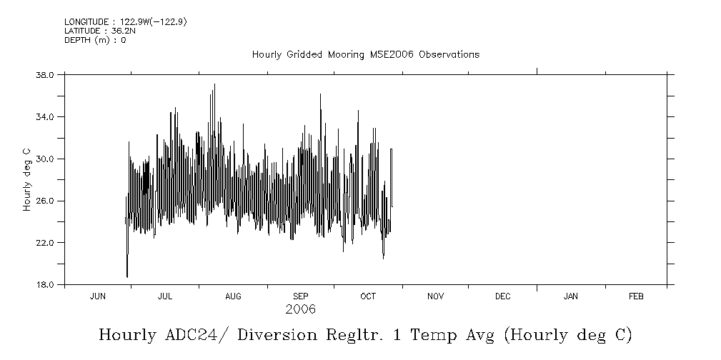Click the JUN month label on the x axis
[x=98, y=296]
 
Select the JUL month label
[x=165, y=296]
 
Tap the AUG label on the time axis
[x=234, y=296]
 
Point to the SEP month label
[x=301, y=296]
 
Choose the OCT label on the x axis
[x=368, y=296]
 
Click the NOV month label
[x=435, y=296]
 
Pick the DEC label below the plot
[x=502, y=296]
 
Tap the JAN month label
[x=571, y=296]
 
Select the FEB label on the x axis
[x=635, y=296]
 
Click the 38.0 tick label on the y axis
[x=45, y=75]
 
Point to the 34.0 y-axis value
[x=45, y=117]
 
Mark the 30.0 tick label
[x=45, y=159]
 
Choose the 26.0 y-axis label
[x=45, y=201]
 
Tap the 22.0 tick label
[x=45, y=244]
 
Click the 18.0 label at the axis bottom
[x=45, y=285]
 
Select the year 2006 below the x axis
[x=301, y=310]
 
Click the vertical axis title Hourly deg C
[x=26, y=179]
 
